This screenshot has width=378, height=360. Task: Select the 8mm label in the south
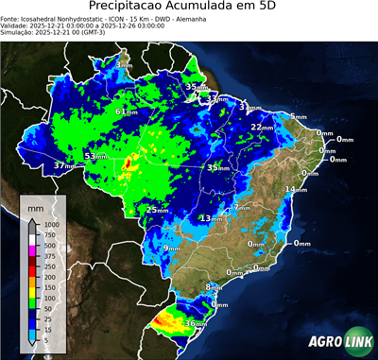pyautogui.click(x=213, y=286)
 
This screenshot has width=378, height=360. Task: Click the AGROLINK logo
pyautogui.click(x=336, y=341)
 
